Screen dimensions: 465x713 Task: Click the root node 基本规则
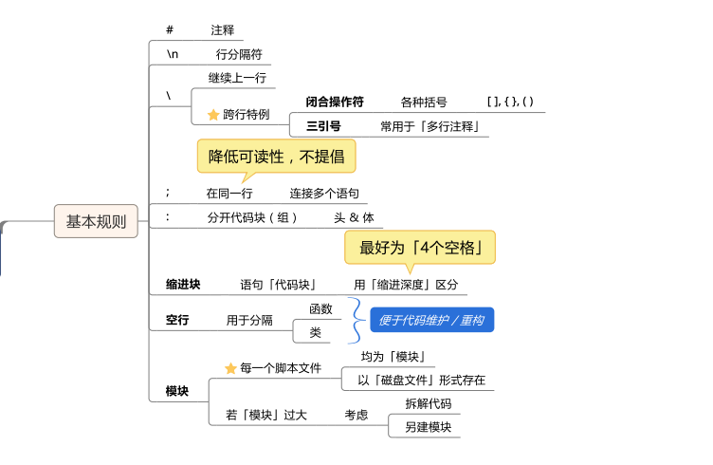(97, 221)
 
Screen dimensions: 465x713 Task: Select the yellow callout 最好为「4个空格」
(419, 248)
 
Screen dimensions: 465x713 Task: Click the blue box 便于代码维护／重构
(431, 320)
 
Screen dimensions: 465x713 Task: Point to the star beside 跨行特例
(213, 115)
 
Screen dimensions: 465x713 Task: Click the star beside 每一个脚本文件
(230, 368)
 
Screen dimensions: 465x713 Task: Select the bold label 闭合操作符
(335, 102)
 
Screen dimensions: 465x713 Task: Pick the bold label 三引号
(323, 126)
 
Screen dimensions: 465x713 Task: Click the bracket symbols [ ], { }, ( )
(510, 102)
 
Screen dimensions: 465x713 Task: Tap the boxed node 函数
(320, 308)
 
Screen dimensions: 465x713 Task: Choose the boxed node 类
(316, 332)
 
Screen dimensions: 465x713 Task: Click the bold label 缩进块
(183, 284)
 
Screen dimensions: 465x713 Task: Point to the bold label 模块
(177, 391)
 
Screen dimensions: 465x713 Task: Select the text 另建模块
(428, 426)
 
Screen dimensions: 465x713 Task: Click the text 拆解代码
(428, 403)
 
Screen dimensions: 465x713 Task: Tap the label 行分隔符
(239, 54)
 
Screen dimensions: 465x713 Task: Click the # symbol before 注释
(170, 29)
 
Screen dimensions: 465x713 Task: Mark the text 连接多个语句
(324, 193)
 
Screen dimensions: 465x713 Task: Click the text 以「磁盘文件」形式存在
(421, 380)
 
